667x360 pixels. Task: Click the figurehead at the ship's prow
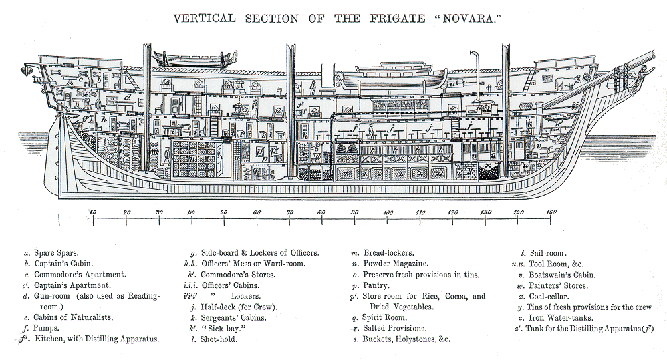(x=644, y=72)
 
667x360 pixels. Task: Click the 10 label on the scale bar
(x=92, y=212)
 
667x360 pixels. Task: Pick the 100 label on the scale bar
(x=387, y=212)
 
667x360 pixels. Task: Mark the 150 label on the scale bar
(x=551, y=212)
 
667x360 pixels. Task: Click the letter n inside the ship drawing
(x=192, y=158)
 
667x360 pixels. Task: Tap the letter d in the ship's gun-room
(x=127, y=98)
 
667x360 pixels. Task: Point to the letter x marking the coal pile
(x=489, y=165)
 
